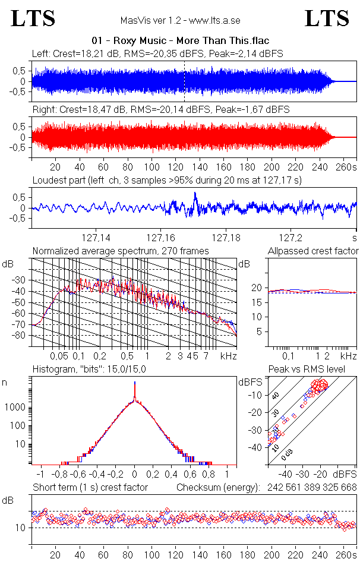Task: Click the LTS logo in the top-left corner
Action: coord(33,19)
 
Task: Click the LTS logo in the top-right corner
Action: coord(327,19)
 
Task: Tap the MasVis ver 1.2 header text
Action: coord(180,20)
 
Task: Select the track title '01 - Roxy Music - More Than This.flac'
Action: coord(181,40)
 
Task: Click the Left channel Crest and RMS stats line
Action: coord(157,53)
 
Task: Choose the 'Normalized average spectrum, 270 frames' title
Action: coord(121,251)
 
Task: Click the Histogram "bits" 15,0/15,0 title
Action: coord(90,370)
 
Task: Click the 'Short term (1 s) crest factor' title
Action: coord(90,488)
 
